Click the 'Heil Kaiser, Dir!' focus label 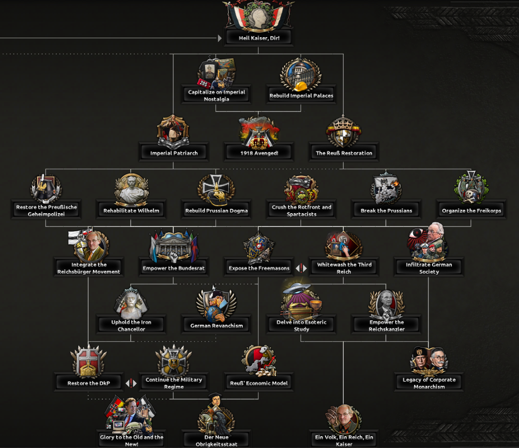point(259,38)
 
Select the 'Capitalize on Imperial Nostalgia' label point(216,95)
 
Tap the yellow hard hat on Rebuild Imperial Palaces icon point(299,85)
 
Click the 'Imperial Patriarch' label point(174,153)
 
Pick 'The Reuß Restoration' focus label point(344,153)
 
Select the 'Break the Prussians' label point(386,211)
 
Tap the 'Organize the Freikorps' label point(471,211)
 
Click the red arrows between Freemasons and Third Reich point(301,268)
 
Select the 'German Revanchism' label point(216,326)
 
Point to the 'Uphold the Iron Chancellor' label point(131,326)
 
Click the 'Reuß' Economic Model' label point(259,383)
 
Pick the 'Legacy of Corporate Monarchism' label point(429,383)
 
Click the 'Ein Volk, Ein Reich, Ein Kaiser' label point(344,440)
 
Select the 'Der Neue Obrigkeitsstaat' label point(216,440)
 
